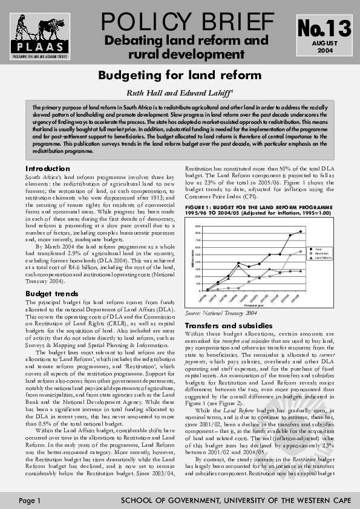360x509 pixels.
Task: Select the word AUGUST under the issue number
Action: (324, 44)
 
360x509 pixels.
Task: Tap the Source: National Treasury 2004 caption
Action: (221, 313)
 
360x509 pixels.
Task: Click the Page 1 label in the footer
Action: (29, 501)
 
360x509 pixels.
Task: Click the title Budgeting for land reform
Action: (180, 76)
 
